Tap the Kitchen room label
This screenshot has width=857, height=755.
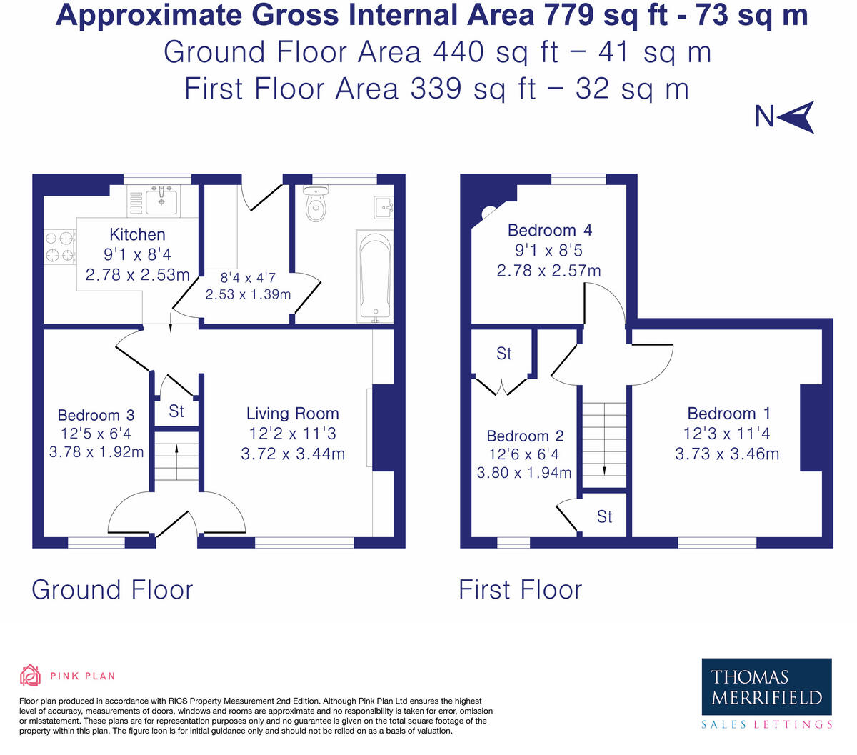(137, 234)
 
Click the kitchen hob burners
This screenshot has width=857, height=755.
(60, 246)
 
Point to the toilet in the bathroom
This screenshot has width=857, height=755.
(315, 204)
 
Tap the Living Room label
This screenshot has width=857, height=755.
(292, 414)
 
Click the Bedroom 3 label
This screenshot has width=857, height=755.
(96, 415)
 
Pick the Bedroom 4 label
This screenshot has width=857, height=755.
(549, 230)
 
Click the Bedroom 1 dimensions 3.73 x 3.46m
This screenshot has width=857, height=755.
(727, 454)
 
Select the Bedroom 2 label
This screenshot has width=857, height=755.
(525, 436)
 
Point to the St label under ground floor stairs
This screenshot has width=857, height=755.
(176, 411)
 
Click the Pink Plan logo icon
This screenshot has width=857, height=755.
(31, 675)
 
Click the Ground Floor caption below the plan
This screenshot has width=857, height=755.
(112, 590)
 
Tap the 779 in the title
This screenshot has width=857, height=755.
(568, 15)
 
